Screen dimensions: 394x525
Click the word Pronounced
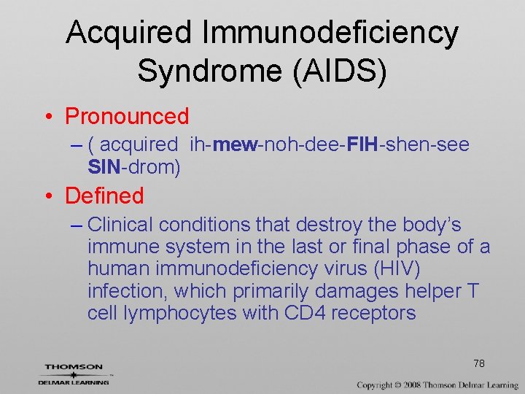[127, 116]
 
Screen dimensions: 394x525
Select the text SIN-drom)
[134, 167]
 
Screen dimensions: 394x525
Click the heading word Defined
[104, 196]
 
